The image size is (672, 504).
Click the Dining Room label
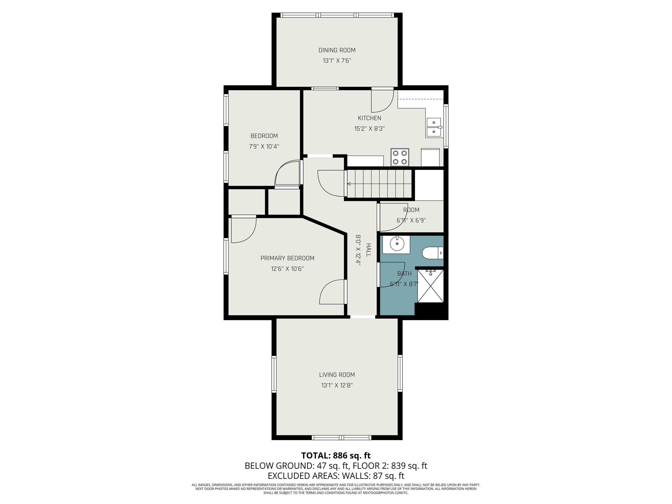pyautogui.click(x=337, y=50)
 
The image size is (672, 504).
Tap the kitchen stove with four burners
pyautogui.click(x=400, y=157)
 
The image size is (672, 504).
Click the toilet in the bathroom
pyautogui.click(x=433, y=253)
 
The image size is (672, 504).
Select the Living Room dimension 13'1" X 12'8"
pyautogui.click(x=337, y=385)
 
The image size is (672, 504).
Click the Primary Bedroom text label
pyautogui.click(x=287, y=258)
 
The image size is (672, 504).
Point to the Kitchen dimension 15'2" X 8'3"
pyautogui.click(x=369, y=128)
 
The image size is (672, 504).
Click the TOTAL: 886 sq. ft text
pyautogui.click(x=336, y=455)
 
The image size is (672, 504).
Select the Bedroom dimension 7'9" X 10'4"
pyautogui.click(x=264, y=146)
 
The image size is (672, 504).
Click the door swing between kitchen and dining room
pyautogui.click(x=382, y=101)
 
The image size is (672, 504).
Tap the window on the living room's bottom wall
pyautogui.click(x=342, y=437)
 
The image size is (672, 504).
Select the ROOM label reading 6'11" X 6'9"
pyautogui.click(x=411, y=215)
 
